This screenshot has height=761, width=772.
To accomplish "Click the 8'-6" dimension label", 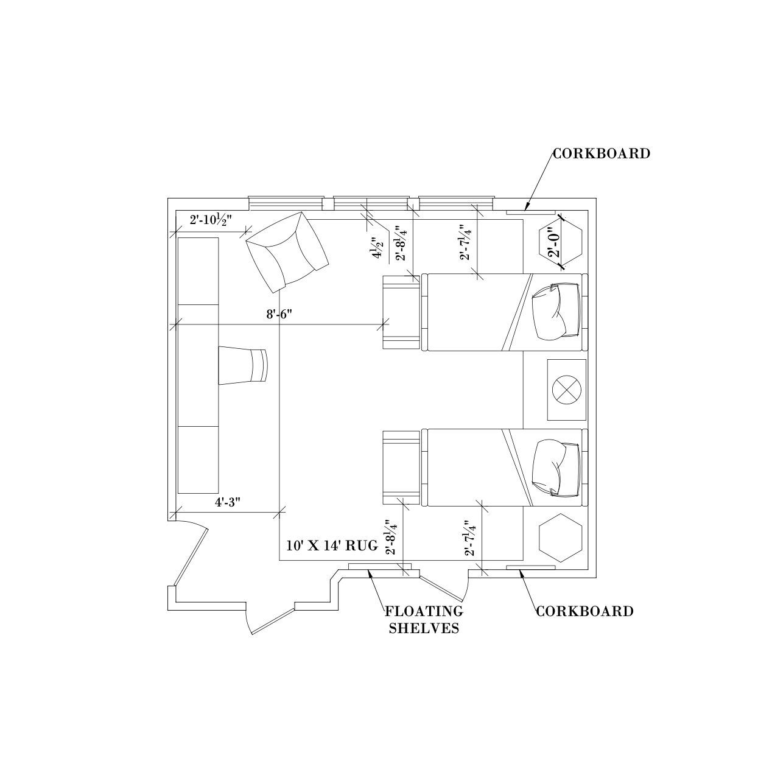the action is [x=279, y=315].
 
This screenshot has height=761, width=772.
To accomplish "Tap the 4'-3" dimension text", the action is [x=228, y=502].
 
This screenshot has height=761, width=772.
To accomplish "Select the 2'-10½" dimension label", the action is [x=211, y=220].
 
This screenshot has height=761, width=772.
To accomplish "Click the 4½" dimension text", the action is [x=379, y=248].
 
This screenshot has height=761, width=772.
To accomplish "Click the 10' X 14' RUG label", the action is [x=332, y=545].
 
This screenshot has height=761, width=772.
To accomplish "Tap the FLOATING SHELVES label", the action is [x=424, y=620].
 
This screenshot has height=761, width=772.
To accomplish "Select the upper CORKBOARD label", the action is [x=602, y=153].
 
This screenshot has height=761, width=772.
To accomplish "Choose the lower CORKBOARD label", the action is [x=584, y=611].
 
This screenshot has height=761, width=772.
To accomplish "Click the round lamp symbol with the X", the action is [x=566, y=390].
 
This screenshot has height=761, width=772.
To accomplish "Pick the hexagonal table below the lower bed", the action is [x=560, y=538].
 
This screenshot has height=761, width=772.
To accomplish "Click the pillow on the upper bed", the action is [x=556, y=312].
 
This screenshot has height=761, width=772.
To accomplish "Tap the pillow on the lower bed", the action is [x=556, y=468].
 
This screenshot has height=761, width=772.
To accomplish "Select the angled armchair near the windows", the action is [x=287, y=251].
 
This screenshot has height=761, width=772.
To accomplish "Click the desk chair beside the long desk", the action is [x=243, y=365].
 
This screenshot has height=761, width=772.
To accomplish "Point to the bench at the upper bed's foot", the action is [x=401, y=312].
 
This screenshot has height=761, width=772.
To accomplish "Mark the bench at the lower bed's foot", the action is [x=401, y=468].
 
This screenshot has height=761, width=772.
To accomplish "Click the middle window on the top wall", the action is [x=371, y=203].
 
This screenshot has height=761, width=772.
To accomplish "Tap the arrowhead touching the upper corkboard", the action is [x=527, y=206].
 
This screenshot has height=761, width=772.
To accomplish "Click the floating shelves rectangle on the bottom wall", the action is [x=380, y=566].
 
